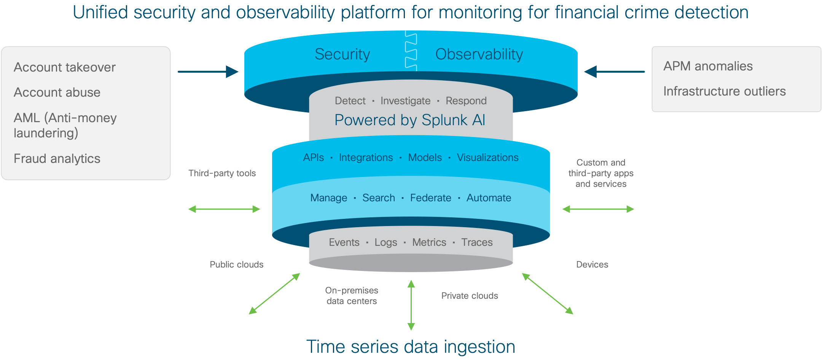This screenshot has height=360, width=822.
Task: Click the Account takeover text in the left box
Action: (x=64, y=67)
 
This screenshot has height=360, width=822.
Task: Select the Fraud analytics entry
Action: (x=57, y=158)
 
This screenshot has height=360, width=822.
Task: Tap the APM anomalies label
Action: (x=708, y=66)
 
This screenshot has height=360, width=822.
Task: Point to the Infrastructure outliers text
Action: (x=724, y=91)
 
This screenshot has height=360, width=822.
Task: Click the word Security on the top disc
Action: (x=342, y=54)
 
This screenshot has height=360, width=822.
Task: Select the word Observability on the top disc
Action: (x=479, y=54)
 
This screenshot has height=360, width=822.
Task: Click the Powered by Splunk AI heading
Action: (x=410, y=120)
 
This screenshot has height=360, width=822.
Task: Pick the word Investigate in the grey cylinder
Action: (x=405, y=101)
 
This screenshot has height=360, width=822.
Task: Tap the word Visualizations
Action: (x=487, y=158)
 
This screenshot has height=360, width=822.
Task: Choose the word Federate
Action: (x=430, y=198)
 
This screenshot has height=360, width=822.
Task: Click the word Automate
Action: (x=489, y=198)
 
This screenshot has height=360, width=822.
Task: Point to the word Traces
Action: (x=477, y=242)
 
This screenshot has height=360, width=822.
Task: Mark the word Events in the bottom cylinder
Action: (x=344, y=242)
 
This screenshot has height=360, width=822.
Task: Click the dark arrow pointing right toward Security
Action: (x=208, y=72)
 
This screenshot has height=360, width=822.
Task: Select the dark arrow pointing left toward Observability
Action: (x=614, y=72)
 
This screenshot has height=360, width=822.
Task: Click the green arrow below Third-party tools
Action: (x=224, y=209)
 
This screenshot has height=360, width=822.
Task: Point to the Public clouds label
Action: (x=236, y=264)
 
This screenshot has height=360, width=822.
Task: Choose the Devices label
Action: (x=592, y=264)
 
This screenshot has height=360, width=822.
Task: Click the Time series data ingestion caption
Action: (x=411, y=347)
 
